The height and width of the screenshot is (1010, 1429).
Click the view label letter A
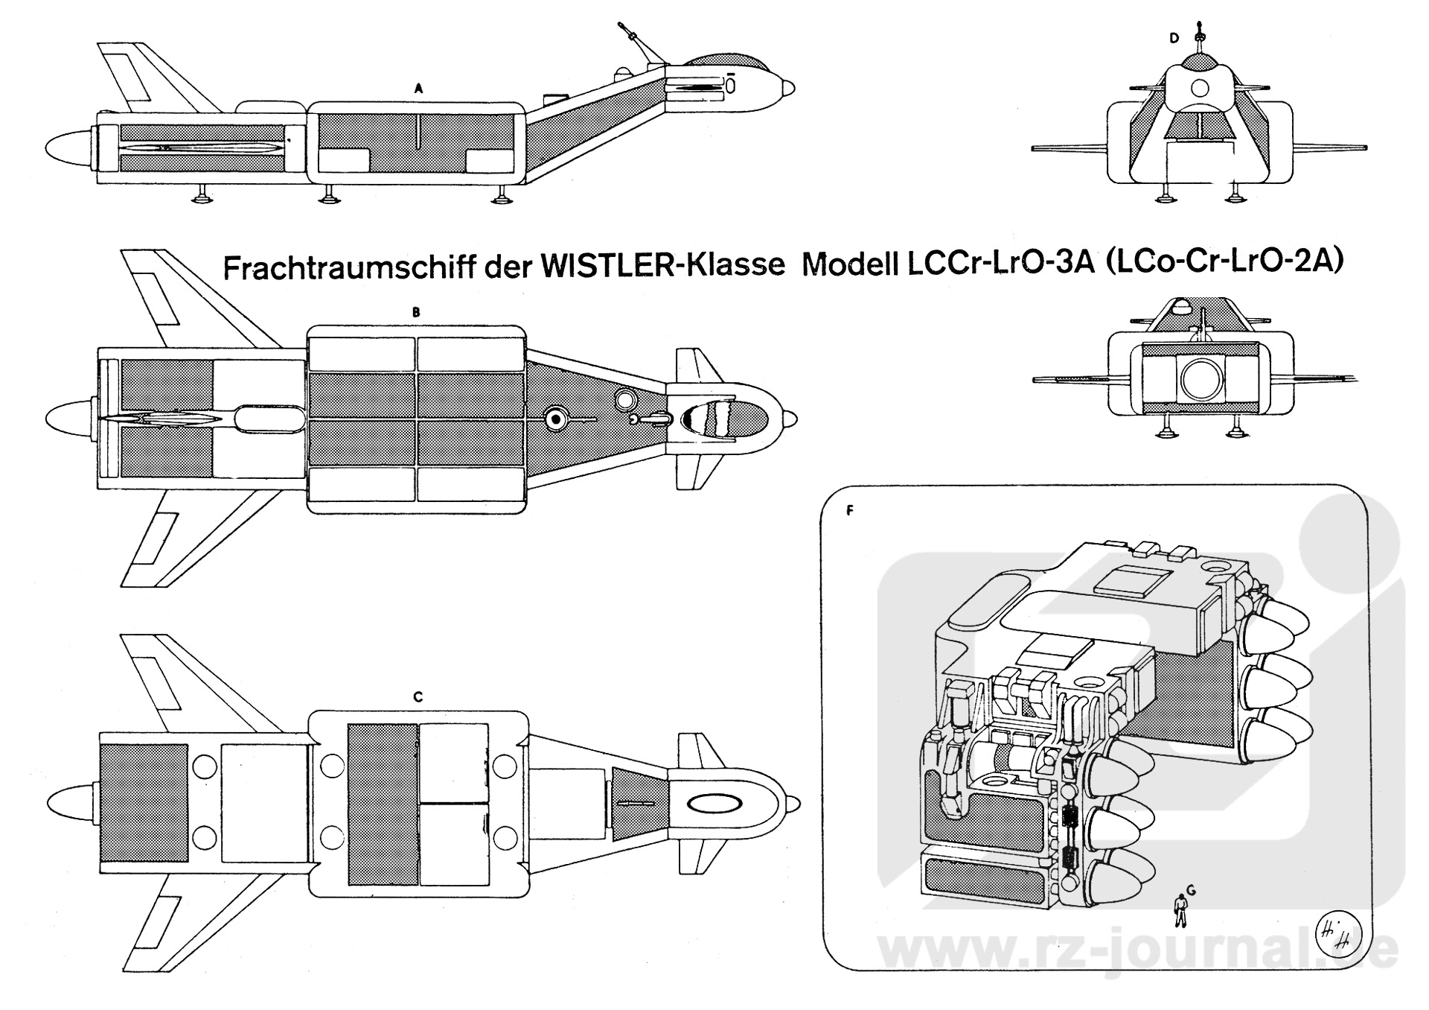click(x=418, y=89)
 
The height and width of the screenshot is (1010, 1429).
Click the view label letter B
click(x=416, y=313)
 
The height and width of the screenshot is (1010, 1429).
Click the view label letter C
click(x=418, y=697)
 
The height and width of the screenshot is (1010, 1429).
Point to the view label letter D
click(x=1174, y=39)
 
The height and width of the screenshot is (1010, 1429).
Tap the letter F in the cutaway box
click(x=849, y=511)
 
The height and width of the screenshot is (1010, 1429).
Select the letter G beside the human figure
click(x=1191, y=889)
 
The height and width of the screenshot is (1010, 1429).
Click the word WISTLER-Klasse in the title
click(x=662, y=266)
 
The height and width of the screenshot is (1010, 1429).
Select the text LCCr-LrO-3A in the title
click(x=1000, y=264)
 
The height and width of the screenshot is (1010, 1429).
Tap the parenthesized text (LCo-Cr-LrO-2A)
click(x=1225, y=262)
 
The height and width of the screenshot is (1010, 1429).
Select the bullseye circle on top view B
click(x=555, y=420)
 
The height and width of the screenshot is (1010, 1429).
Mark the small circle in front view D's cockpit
click(x=1200, y=89)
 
